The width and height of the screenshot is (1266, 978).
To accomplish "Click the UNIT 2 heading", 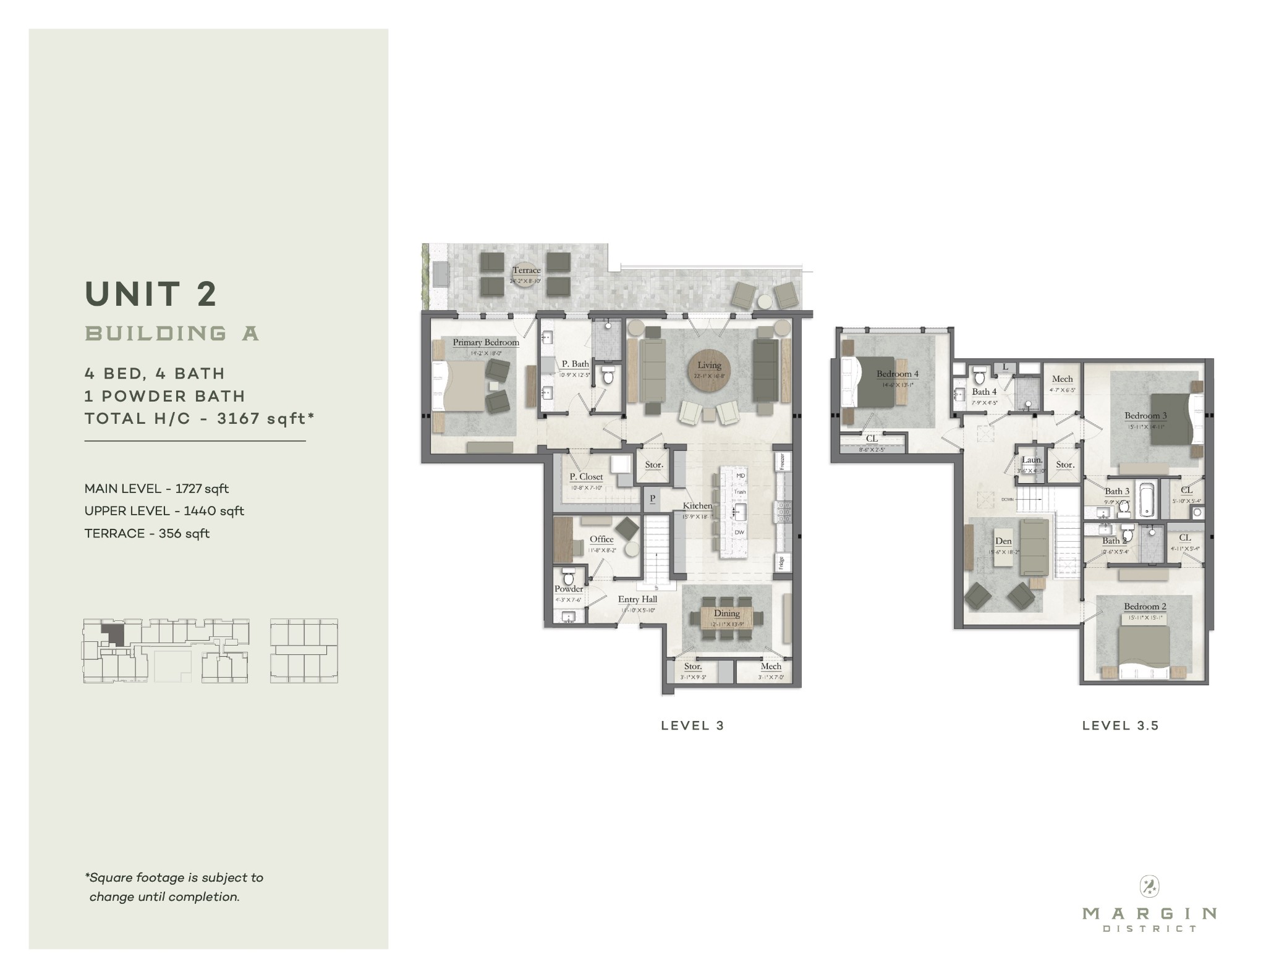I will point(151,293).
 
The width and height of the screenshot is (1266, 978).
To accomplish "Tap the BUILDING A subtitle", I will point(172,334).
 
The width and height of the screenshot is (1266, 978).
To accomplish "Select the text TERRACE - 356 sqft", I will point(147,533).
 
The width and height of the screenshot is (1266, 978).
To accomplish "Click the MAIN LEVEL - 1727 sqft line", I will point(156,489).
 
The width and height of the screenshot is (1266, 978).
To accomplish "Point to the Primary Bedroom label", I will point(485,342).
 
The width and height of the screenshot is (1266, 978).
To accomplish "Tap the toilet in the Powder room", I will point(569,578).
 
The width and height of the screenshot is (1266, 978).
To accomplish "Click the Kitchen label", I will point(697,505).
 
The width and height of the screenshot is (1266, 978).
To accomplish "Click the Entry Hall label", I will point(637,599).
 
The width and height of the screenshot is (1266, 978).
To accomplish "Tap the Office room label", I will point(601,539).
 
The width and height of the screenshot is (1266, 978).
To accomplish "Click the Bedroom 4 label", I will point(897,374).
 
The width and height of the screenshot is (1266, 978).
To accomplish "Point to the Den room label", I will point(1003,541).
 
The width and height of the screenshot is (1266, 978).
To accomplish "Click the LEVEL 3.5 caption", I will point(1120,725).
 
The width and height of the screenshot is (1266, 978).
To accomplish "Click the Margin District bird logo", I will point(1149,887).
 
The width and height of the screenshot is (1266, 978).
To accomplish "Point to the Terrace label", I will point(526,270).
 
